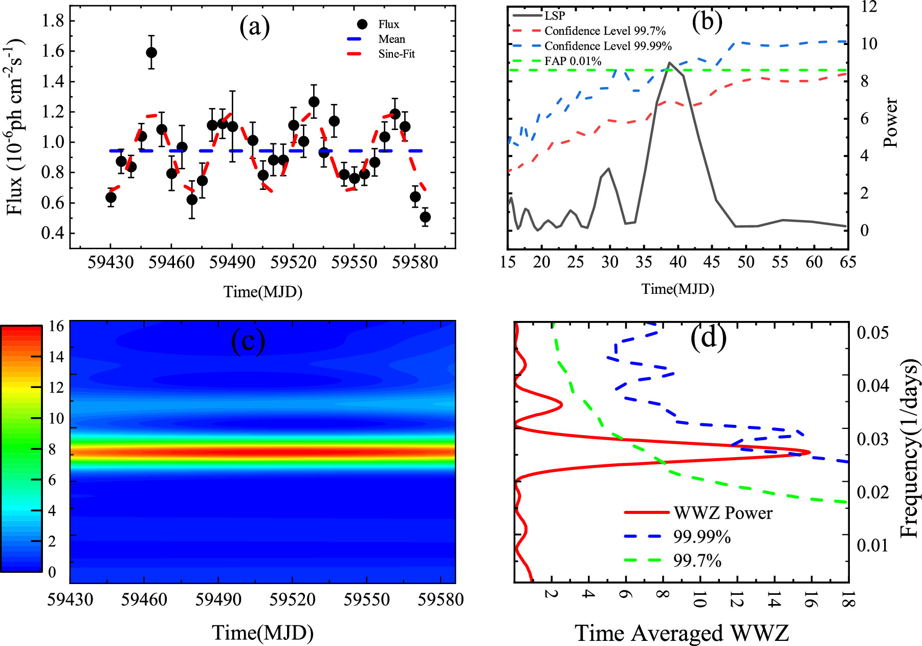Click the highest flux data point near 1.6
(x=151, y=53)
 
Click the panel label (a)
(x=254, y=27)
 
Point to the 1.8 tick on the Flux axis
(x=53, y=21)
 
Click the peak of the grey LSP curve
(x=669, y=63)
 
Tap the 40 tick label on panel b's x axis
(x=677, y=262)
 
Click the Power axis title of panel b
(x=890, y=123)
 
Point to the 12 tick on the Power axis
(x=868, y=7)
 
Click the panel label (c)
(x=248, y=340)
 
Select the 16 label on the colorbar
(x=56, y=326)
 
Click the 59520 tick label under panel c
(x=292, y=599)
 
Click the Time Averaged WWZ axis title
(x=682, y=633)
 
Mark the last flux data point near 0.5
(x=425, y=217)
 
